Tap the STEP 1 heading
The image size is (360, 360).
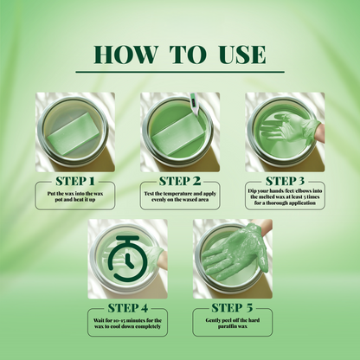73,181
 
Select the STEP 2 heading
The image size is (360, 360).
181,181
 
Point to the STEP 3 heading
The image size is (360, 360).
286,181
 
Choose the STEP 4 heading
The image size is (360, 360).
128,307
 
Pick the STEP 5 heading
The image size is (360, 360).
232,307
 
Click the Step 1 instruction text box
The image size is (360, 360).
74,196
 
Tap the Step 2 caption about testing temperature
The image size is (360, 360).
181,196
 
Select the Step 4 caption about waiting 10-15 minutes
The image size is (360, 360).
128,324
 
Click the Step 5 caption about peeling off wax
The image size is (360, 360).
232,324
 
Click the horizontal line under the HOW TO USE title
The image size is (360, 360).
180,72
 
